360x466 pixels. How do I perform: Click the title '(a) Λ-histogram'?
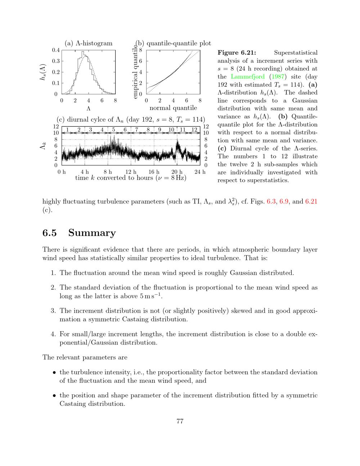pos(89,43)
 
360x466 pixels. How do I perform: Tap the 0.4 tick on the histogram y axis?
pos(55,50)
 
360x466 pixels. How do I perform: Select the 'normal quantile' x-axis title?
pos(173,108)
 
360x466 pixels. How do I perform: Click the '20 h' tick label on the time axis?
pos(177,172)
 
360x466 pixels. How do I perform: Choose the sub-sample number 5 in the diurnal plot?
pos(113,130)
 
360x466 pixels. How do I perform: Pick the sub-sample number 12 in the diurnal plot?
pos(194,130)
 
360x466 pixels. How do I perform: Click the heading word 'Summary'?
pos(92,233)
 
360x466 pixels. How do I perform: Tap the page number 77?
pos(180,421)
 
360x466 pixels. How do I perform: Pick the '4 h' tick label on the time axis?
pos(85,172)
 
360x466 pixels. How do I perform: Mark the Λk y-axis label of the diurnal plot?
pos(43,146)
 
